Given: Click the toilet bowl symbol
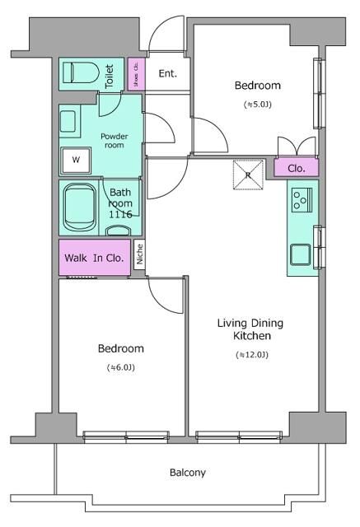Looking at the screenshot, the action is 81,72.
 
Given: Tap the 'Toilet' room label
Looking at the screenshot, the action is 110,77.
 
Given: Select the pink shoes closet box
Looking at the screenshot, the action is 136,74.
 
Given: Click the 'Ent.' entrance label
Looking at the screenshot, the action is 168,73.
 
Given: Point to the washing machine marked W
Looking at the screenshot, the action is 76,160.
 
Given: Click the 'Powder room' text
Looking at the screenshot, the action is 115,141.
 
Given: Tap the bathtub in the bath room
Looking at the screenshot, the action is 80,208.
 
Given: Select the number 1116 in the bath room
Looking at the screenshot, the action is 120,214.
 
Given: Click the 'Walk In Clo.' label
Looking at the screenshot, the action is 94,258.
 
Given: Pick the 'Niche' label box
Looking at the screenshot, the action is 140,254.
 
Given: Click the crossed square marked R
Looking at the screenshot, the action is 248,175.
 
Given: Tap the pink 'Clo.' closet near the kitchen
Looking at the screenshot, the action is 296,168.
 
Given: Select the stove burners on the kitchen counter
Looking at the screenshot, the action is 302,199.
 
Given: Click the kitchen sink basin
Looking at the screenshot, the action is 301,255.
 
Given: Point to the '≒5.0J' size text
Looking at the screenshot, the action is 258,105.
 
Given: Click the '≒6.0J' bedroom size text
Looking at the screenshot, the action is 120,367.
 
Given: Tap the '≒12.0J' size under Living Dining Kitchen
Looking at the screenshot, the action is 252,355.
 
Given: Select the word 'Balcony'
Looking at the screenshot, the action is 188,473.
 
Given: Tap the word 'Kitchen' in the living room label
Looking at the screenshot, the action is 252,335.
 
